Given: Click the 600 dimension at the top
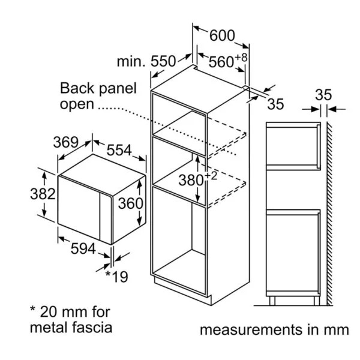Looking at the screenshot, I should [222, 35].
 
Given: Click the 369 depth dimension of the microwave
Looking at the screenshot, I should [66, 142].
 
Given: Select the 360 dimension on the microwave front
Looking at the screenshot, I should [130, 203].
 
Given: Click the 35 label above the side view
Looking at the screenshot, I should [323, 95].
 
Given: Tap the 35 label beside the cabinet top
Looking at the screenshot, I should [275, 104].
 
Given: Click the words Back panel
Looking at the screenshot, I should [98, 89].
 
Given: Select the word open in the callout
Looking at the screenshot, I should [77, 104].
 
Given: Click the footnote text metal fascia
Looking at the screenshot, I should [71, 328].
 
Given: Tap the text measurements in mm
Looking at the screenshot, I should [274, 329].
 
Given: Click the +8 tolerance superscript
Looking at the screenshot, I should [241, 57].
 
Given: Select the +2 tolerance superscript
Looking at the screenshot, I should [211, 175].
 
